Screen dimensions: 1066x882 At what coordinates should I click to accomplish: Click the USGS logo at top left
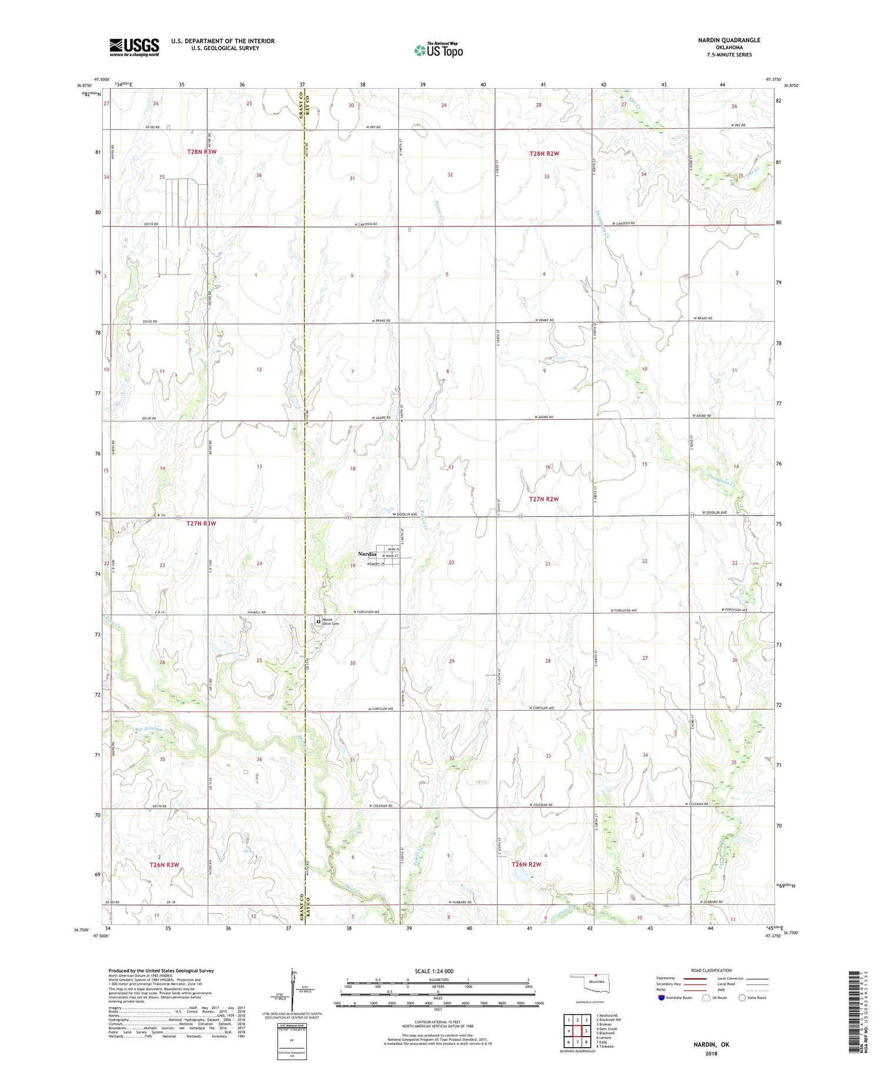[134, 47]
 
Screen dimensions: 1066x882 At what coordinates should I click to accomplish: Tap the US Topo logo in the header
[438, 51]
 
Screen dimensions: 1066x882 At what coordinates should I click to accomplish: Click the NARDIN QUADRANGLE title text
[729, 40]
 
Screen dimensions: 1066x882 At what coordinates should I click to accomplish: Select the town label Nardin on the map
[367, 554]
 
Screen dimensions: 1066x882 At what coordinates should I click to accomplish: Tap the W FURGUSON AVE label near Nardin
[366, 612]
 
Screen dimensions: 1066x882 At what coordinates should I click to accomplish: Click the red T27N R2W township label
[543, 499]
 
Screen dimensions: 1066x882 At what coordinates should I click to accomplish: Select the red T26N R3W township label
[164, 864]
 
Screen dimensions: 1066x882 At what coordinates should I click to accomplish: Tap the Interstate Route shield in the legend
[661, 998]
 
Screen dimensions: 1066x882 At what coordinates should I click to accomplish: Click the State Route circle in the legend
[742, 998]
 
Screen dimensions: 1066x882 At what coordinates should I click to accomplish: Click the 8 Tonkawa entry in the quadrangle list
[605, 1047]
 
